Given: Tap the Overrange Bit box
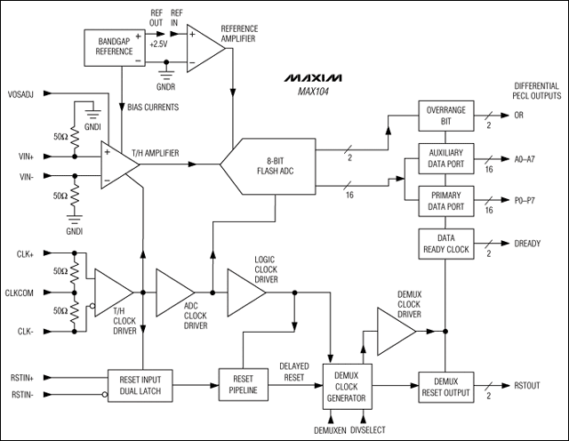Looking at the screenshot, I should click(x=448, y=116).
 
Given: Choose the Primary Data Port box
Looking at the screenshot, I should click(x=448, y=200).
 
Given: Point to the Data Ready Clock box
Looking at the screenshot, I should click(x=448, y=244).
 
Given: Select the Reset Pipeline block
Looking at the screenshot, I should click(x=243, y=382).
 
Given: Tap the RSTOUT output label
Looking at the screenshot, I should click(x=530, y=386).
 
